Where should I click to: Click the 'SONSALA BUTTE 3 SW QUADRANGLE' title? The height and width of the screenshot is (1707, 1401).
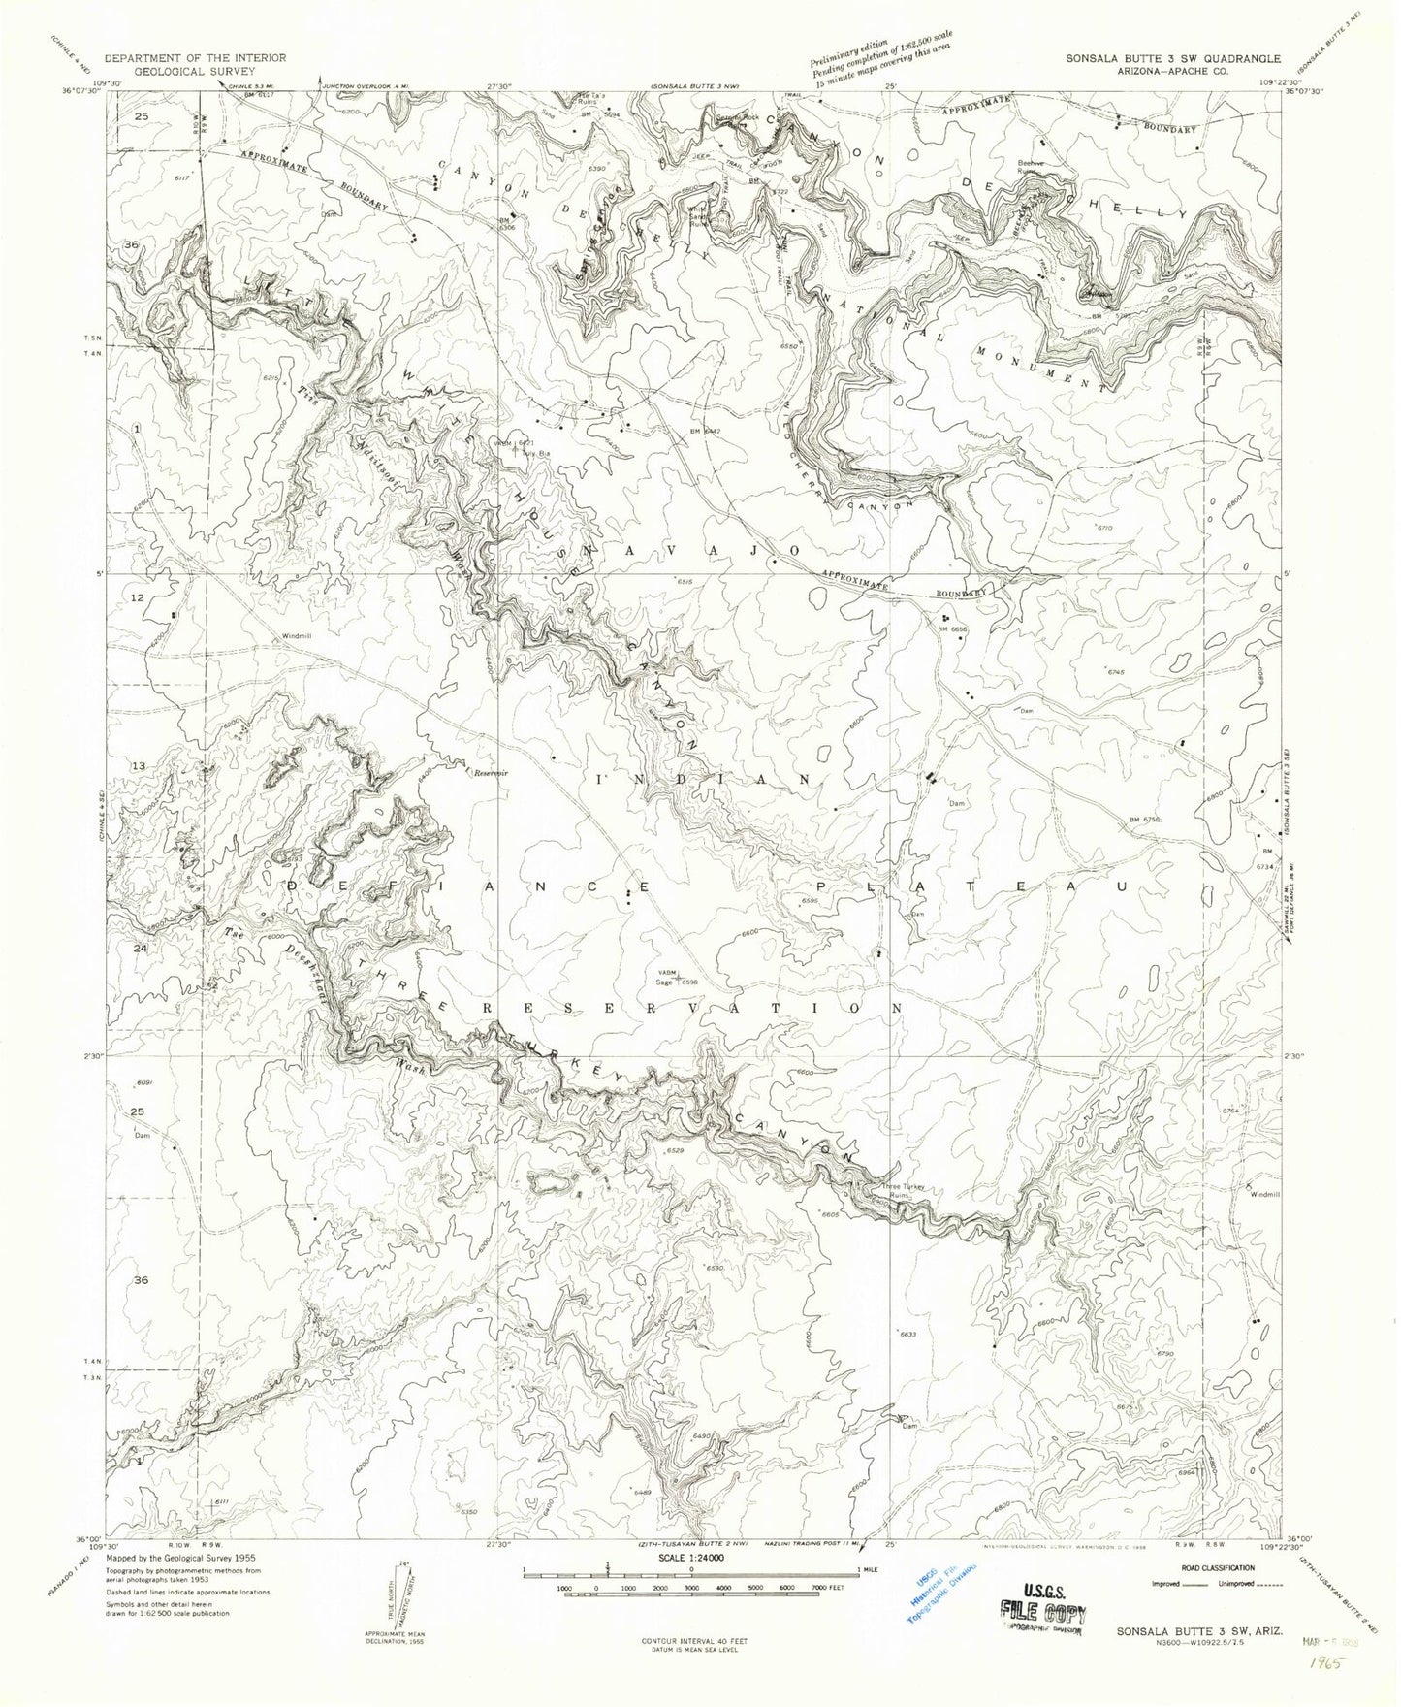click(1172, 57)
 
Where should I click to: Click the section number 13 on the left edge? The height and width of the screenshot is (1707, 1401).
click(138, 766)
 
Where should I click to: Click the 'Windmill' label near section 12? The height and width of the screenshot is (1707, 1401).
click(297, 636)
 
